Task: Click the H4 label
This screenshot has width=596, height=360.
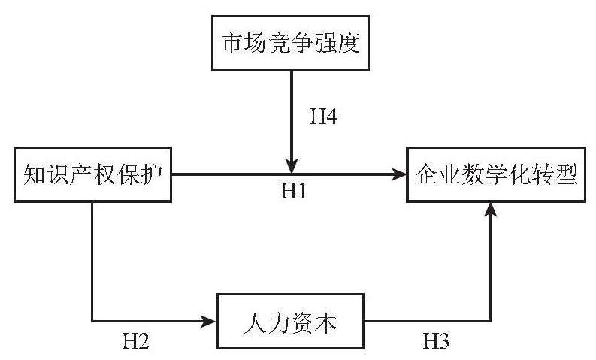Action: pos(324,116)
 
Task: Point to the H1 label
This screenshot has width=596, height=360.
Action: pos(293,190)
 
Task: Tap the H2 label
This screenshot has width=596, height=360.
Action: pos(135,340)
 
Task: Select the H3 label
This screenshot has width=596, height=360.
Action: pos(436,340)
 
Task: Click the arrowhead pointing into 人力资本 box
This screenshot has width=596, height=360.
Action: pos(208,321)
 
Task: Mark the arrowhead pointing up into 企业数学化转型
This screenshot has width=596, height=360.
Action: pos(491,210)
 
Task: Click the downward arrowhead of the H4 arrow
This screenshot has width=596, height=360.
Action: pos(291,167)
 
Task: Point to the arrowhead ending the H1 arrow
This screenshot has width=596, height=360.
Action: pos(399,174)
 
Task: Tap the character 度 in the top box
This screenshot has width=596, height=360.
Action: pos(349,43)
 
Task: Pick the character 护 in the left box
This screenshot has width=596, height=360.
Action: pos(151,175)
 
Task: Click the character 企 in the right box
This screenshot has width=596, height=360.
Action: pos(426,175)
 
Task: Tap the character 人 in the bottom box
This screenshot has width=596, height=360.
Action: pos(255,322)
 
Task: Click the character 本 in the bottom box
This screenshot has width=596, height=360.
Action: pos(325,322)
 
